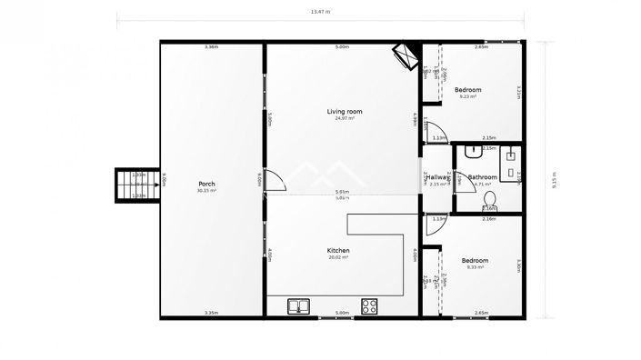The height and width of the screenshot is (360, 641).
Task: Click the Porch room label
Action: tap(206, 184)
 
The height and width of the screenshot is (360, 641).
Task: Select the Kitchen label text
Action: tap(338, 250)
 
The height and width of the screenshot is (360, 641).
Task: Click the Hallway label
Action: tap(437, 177)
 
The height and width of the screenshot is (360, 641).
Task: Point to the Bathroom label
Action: tap(482, 177)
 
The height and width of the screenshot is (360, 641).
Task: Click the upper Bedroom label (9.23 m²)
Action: tap(467, 89)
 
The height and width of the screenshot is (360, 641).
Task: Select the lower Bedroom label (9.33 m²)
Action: tap(476, 260)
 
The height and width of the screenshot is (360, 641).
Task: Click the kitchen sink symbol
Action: tap(298, 306)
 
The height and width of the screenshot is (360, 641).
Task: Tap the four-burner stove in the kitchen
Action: tap(370, 306)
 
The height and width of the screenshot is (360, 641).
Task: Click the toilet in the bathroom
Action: tap(489, 198)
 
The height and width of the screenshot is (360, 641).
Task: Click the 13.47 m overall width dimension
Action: tap(320, 13)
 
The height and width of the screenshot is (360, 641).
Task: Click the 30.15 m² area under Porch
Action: tap(206, 192)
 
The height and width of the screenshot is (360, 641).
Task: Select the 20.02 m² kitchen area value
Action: tap(338, 258)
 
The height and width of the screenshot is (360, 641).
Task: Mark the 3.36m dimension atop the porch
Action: tap(211, 46)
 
